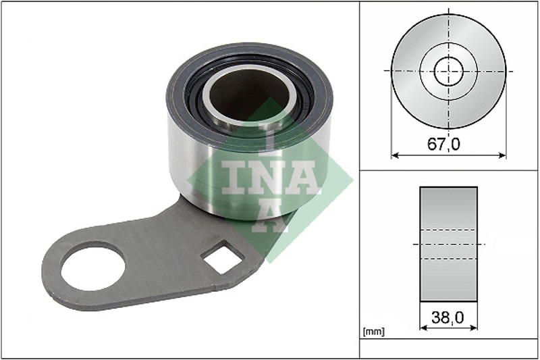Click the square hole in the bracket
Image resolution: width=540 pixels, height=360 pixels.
[223, 257]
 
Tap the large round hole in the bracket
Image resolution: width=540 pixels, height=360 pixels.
[93, 266]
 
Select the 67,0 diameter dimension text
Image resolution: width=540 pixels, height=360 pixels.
[443, 144]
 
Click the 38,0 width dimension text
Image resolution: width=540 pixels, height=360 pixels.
[448, 317]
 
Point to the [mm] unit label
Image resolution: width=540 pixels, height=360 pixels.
[374, 332]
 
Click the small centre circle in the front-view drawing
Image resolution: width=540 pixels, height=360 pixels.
[449, 72]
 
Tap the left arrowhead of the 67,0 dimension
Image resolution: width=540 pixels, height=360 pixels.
[395, 156]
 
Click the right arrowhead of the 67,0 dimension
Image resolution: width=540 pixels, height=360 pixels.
[502, 156]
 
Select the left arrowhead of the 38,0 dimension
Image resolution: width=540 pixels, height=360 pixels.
[424, 328]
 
